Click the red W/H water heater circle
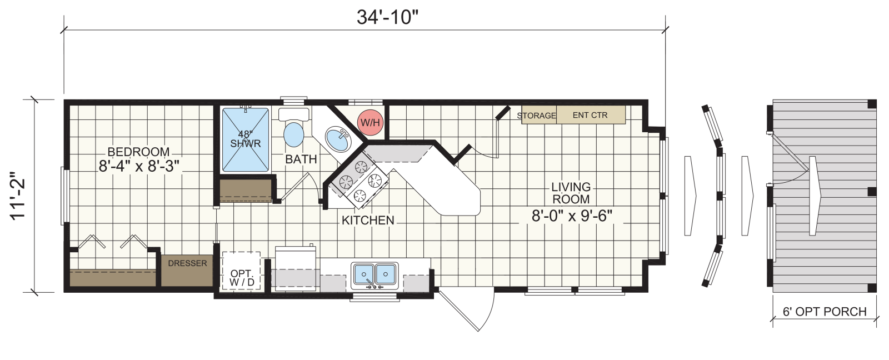pyautogui.click(x=370, y=122)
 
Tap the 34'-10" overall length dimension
pyautogui.click(x=387, y=17)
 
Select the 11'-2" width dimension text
pyautogui.click(x=18, y=196)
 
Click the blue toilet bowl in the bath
pyautogui.click(x=294, y=134)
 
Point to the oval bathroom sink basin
pyautogui.click(x=338, y=139)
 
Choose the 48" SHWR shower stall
pyautogui.click(x=245, y=139)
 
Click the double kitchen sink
pyautogui.click(x=374, y=275)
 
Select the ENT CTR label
pyautogui.click(x=590, y=115)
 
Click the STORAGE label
pyautogui.click(x=537, y=116)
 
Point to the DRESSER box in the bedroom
pyautogui.click(x=187, y=270)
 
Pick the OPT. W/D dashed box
pyautogui.click(x=241, y=271)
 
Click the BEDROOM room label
pyautogui.click(x=138, y=152)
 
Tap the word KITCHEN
pyautogui.click(x=368, y=221)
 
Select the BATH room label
pyautogui.click(x=301, y=159)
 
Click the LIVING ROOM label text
pyautogui.click(x=571, y=193)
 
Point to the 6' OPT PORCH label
pyautogui.click(x=825, y=312)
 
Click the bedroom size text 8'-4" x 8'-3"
pyautogui.click(x=139, y=166)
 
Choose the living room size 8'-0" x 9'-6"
pyautogui.click(x=572, y=216)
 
